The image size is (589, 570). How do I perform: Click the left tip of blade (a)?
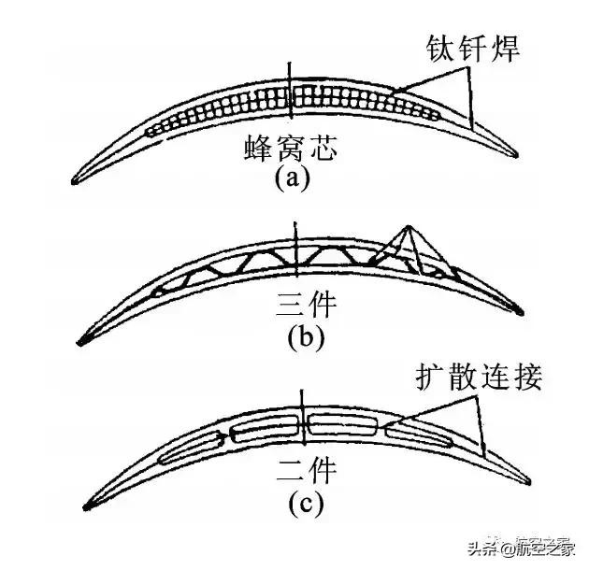[79, 178]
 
